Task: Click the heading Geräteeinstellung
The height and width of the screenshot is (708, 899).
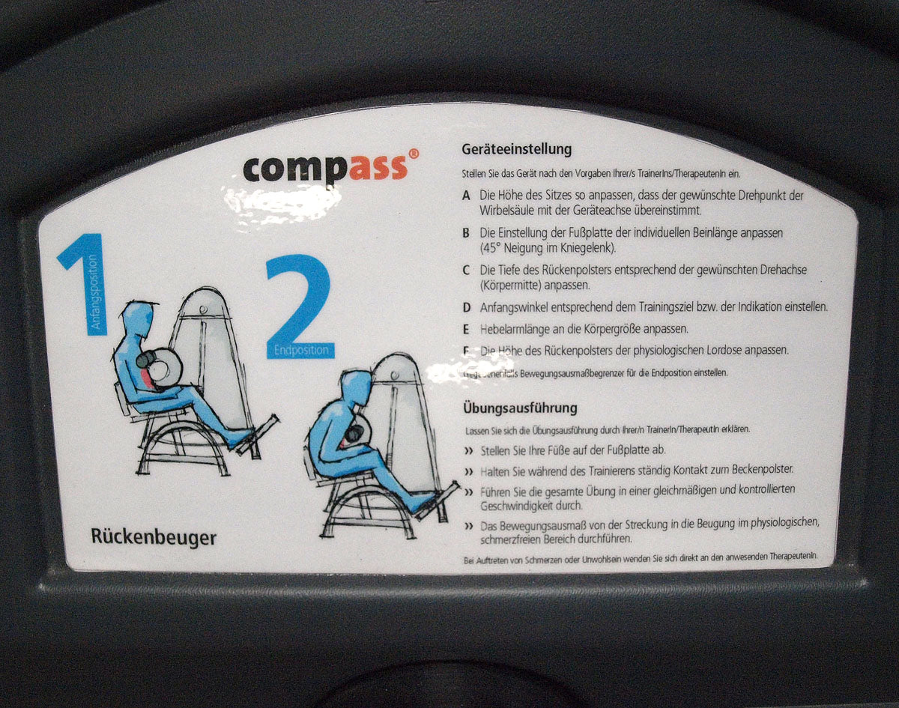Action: click(517, 149)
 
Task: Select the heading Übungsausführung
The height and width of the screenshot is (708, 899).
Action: click(520, 408)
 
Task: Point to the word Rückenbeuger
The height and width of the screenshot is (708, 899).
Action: click(154, 536)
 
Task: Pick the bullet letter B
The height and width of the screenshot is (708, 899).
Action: click(466, 233)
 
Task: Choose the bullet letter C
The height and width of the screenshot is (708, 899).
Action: click(466, 270)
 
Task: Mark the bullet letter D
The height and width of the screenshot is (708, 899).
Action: click(466, 307)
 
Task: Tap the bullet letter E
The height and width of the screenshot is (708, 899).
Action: click(466, 329)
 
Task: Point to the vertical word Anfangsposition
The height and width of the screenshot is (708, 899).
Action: click(94, 292)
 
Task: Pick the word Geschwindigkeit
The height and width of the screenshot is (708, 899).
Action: click(521, 506)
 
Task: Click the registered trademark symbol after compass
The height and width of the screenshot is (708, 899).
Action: click(414, 154)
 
